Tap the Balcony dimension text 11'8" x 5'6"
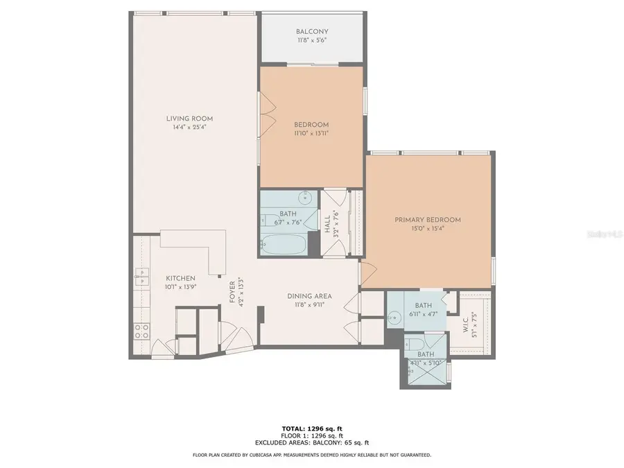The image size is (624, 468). (x=311, y=40)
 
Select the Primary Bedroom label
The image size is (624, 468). (x=428, y=220)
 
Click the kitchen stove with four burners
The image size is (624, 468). (x=142, y=331)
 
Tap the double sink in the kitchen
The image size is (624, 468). (x=141, y=278)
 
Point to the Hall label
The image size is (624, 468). (x=327, y=224)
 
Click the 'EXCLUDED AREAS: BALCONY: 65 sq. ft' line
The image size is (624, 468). (x=311, y=442)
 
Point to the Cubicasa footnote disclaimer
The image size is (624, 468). (x=311, y=455)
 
